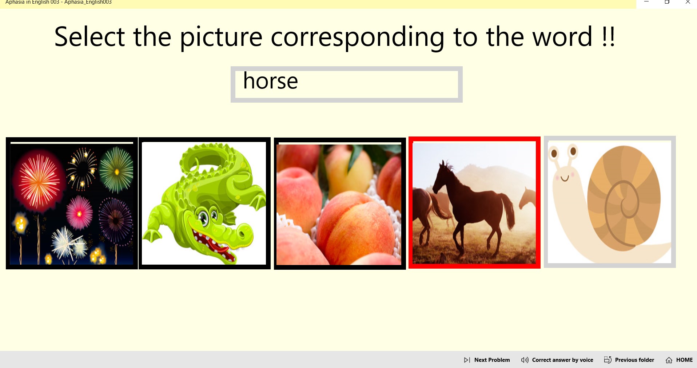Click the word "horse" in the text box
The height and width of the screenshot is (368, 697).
270,81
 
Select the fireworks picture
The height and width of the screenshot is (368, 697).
72,203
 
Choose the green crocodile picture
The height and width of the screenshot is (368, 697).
204,203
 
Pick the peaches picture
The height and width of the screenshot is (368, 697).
339,204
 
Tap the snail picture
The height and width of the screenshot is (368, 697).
609,202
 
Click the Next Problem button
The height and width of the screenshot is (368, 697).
487,360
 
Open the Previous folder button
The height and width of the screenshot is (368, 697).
629,360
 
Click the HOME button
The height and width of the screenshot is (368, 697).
679,360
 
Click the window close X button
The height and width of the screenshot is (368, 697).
688,2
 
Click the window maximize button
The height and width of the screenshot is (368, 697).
667,2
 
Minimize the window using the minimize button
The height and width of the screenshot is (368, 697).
646,2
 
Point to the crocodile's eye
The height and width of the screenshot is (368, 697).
203,218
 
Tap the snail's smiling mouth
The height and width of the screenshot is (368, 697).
565,178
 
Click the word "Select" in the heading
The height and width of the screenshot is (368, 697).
89,37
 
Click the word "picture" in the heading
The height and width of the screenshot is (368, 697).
221,37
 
